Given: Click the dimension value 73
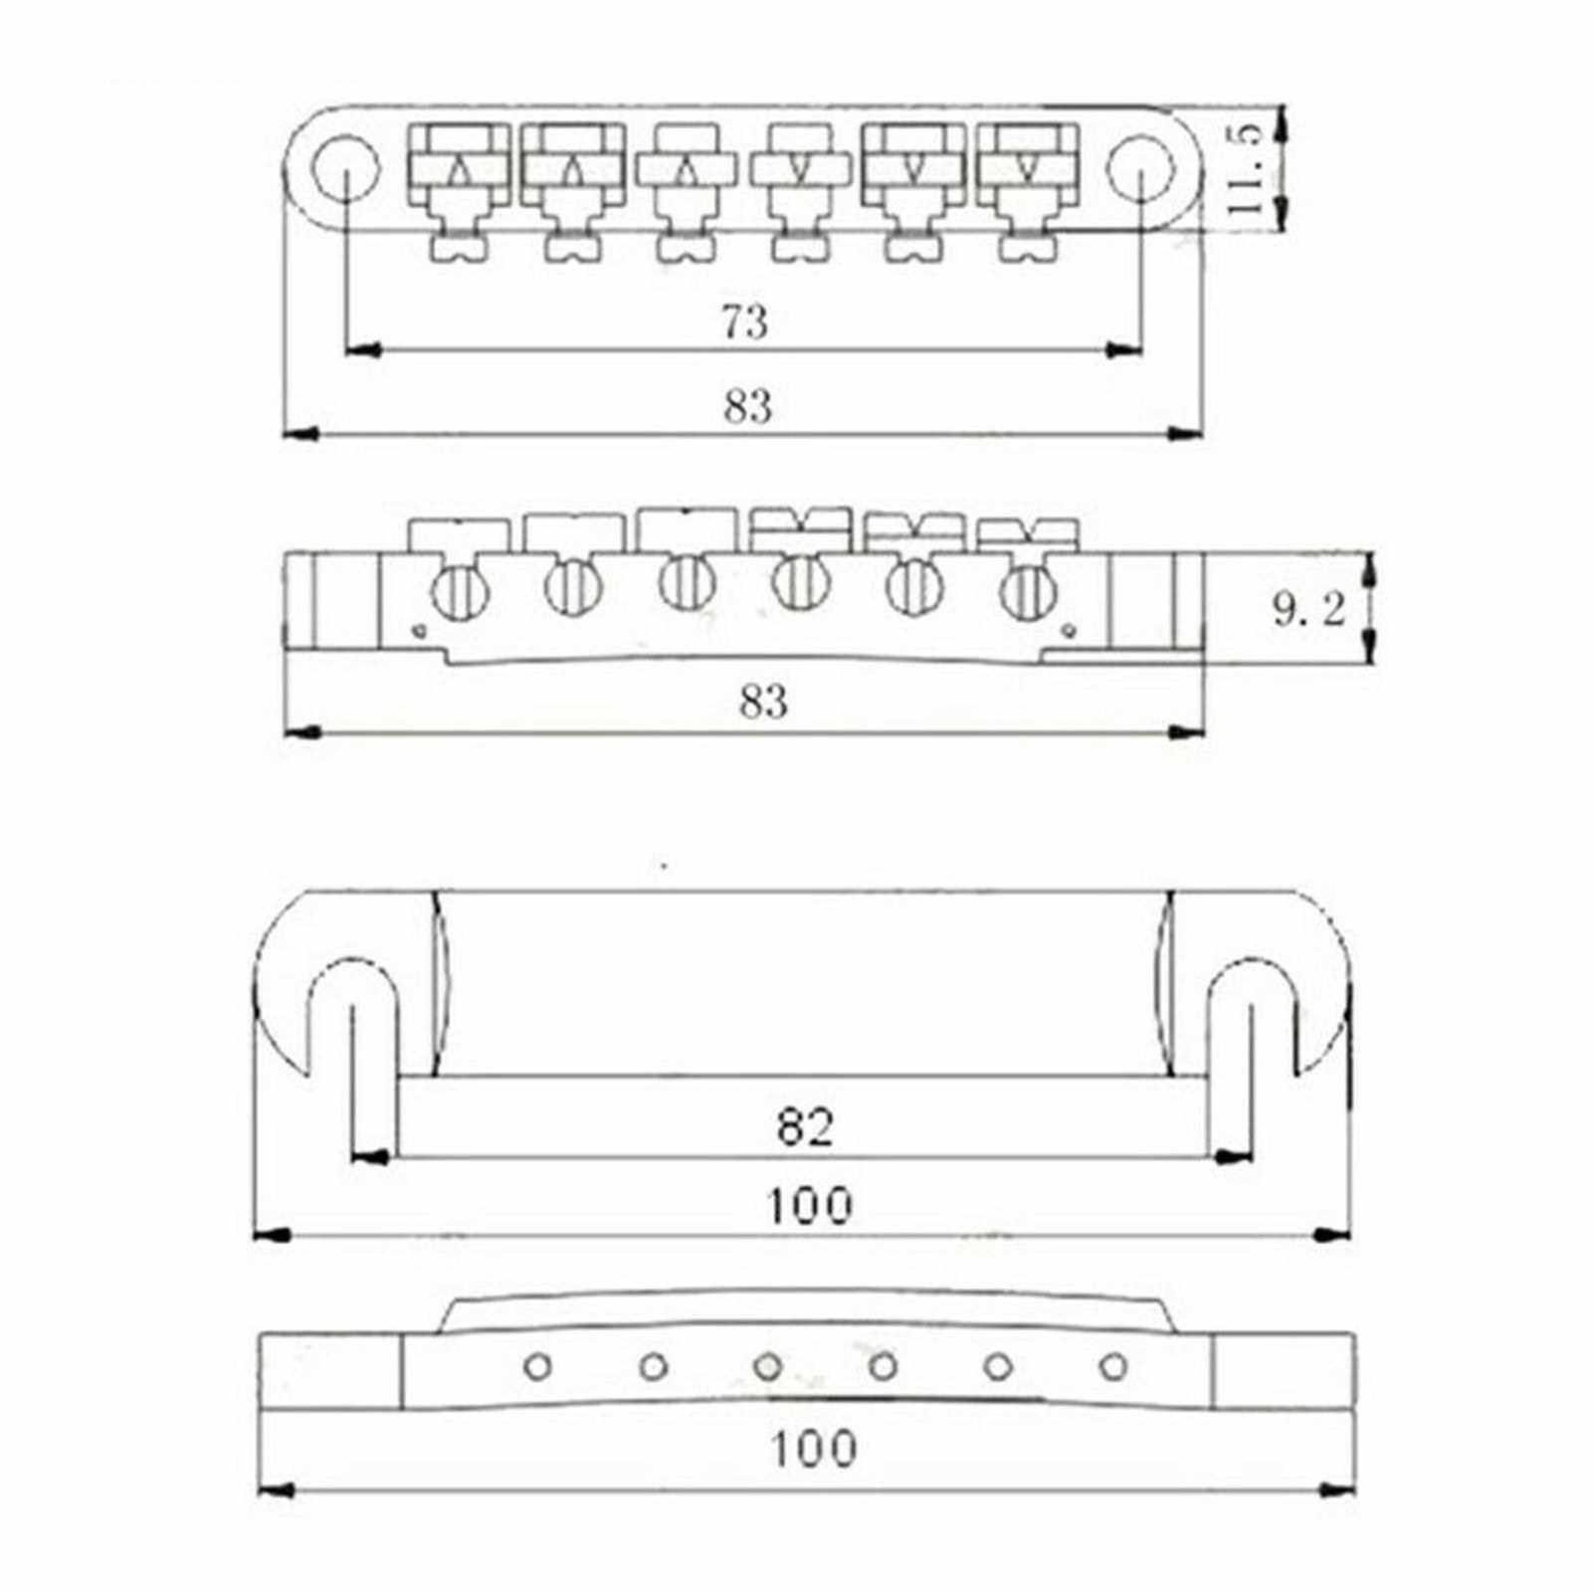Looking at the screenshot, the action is coord(745,322).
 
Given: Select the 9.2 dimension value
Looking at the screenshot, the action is coord(1308,610).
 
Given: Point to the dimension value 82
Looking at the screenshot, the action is coord(806,1127).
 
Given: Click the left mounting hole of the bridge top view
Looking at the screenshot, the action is coord(344,169).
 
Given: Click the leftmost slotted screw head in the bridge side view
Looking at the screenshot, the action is coord(459,593).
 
